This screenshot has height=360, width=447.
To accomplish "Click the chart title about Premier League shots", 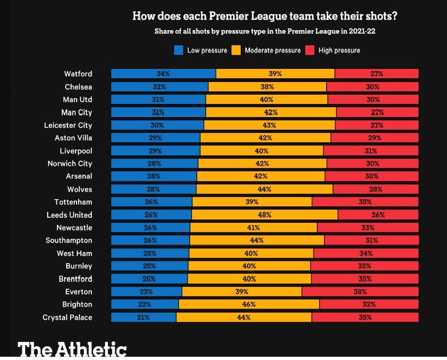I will click(264, 16).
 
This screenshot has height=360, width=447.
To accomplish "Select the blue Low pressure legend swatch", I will click(178, 50).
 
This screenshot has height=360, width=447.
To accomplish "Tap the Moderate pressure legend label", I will click(272, 50).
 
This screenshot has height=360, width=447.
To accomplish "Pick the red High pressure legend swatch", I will click(309, 50).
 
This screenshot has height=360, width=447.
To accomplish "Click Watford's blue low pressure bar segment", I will click(163, 74).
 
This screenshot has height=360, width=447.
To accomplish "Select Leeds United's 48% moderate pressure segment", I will click(265, 215).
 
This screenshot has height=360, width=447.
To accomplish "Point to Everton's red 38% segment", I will click(360, 292).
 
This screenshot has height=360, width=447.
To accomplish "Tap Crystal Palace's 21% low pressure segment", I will click(143, 317).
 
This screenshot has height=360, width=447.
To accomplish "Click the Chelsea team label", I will click(78, 86).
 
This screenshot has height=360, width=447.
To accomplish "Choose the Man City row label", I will click(77, 112).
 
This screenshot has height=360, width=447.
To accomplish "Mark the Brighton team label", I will click(77, 304).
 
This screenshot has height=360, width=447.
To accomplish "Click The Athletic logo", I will click(72, 349).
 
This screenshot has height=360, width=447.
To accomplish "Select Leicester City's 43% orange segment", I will click(269, 125).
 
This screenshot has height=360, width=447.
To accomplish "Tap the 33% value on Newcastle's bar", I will click(368, 228).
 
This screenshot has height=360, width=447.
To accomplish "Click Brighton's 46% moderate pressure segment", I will click(249, 304).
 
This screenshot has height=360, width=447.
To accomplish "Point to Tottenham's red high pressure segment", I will click(365, 202).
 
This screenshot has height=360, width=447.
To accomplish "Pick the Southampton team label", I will click(69, 240).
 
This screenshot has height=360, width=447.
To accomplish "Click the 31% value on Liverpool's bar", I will click(371, 151).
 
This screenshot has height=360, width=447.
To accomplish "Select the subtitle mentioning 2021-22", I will click(264, 32).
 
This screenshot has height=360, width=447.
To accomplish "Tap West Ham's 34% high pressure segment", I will click(366, 253).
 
